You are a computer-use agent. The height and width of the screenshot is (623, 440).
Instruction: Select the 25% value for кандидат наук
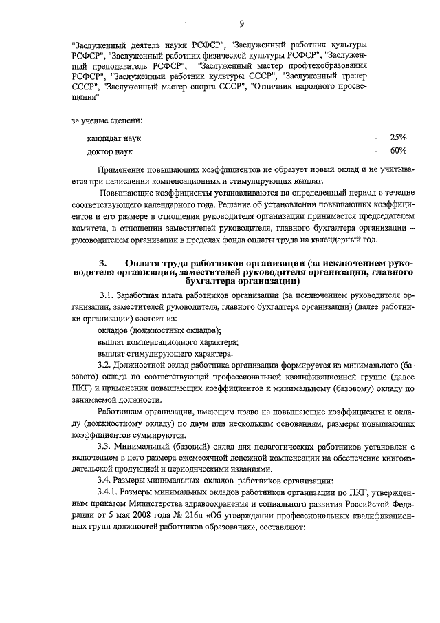pyautogui.click(x=398, y=137)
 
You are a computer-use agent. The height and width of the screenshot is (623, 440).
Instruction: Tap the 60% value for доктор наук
pyautogui.click(x=398, y=150)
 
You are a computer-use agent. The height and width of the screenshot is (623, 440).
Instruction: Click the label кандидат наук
pyautogui.click(x=114, y=138)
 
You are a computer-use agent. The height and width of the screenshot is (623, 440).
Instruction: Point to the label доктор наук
pyautogui.click(x=110, y=151)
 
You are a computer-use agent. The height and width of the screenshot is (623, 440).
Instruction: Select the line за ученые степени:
pyautogui.click(x=104, y=121)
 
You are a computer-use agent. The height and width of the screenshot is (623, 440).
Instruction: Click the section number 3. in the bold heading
pyautogui.click(x=104, y=264)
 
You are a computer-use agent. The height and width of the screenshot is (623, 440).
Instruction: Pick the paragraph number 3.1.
pyautogui.click(x=108, y=296)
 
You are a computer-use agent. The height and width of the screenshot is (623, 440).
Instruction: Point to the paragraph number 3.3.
pyautogui.click(x=105, y=445)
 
